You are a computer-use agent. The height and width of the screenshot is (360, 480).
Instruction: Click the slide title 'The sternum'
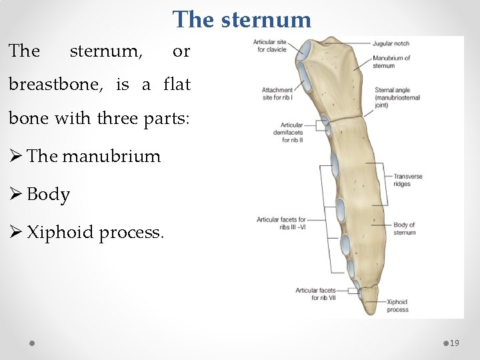click(x=241, y=19)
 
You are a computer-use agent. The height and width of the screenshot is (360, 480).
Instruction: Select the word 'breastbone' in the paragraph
click(x=58, y=85)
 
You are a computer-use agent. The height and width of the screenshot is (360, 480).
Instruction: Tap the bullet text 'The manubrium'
click(x=93, y=156)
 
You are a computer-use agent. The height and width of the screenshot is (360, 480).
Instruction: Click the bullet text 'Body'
click(x=48, y=194)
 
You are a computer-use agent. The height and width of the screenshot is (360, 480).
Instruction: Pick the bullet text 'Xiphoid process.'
click(x=95, y=233)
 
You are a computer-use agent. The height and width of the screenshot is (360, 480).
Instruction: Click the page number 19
click(x=455, y=343)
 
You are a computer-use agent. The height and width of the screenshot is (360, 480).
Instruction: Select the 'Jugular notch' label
click(x=391, y=44)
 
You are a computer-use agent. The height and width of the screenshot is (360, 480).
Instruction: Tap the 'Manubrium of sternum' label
click(x=391, y=61)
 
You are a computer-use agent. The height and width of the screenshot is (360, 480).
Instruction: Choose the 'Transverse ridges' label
click(x=407, y=180)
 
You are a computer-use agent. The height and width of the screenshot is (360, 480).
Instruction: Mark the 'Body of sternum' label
click(x=404, y=229)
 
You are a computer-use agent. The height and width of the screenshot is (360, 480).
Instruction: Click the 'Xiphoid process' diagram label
click(x=397, y=305)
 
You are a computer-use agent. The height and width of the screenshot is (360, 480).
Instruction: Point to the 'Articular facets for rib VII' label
click(x=315, y=294)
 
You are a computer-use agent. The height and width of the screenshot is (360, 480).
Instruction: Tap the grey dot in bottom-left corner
click(x=32, y=343)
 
